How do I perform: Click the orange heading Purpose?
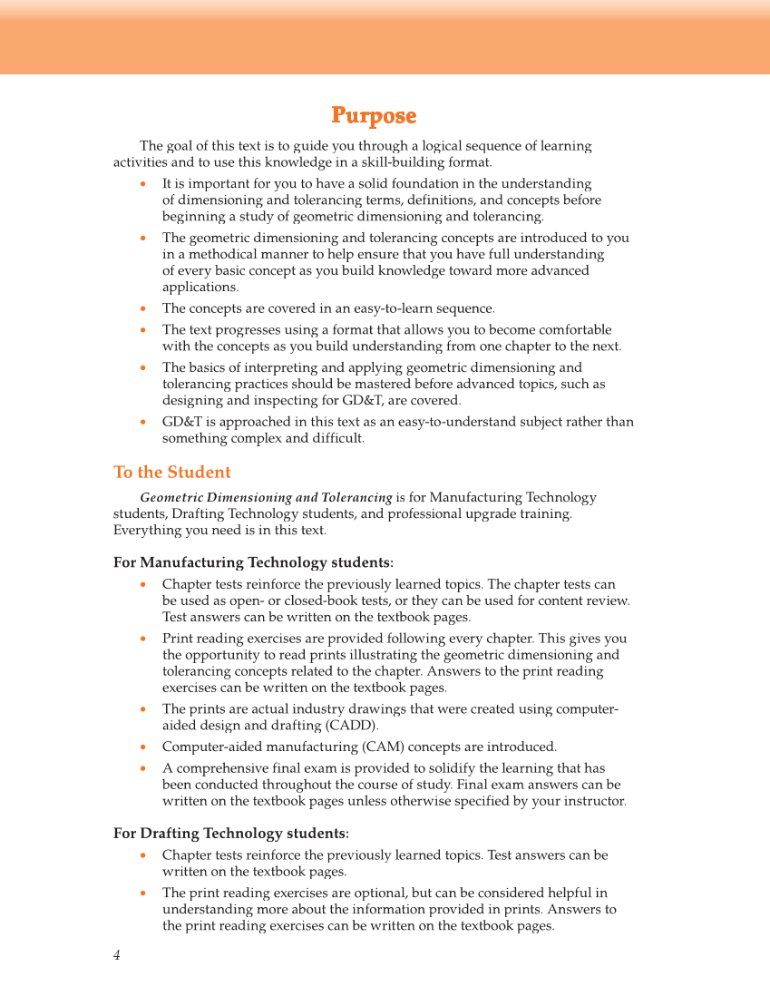point(374,116)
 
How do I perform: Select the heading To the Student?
point(172,473)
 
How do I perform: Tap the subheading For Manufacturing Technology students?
point(253,563)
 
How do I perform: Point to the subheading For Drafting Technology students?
point(230,834)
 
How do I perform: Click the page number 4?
point(117,955)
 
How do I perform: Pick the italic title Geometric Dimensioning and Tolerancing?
point(266,498)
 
